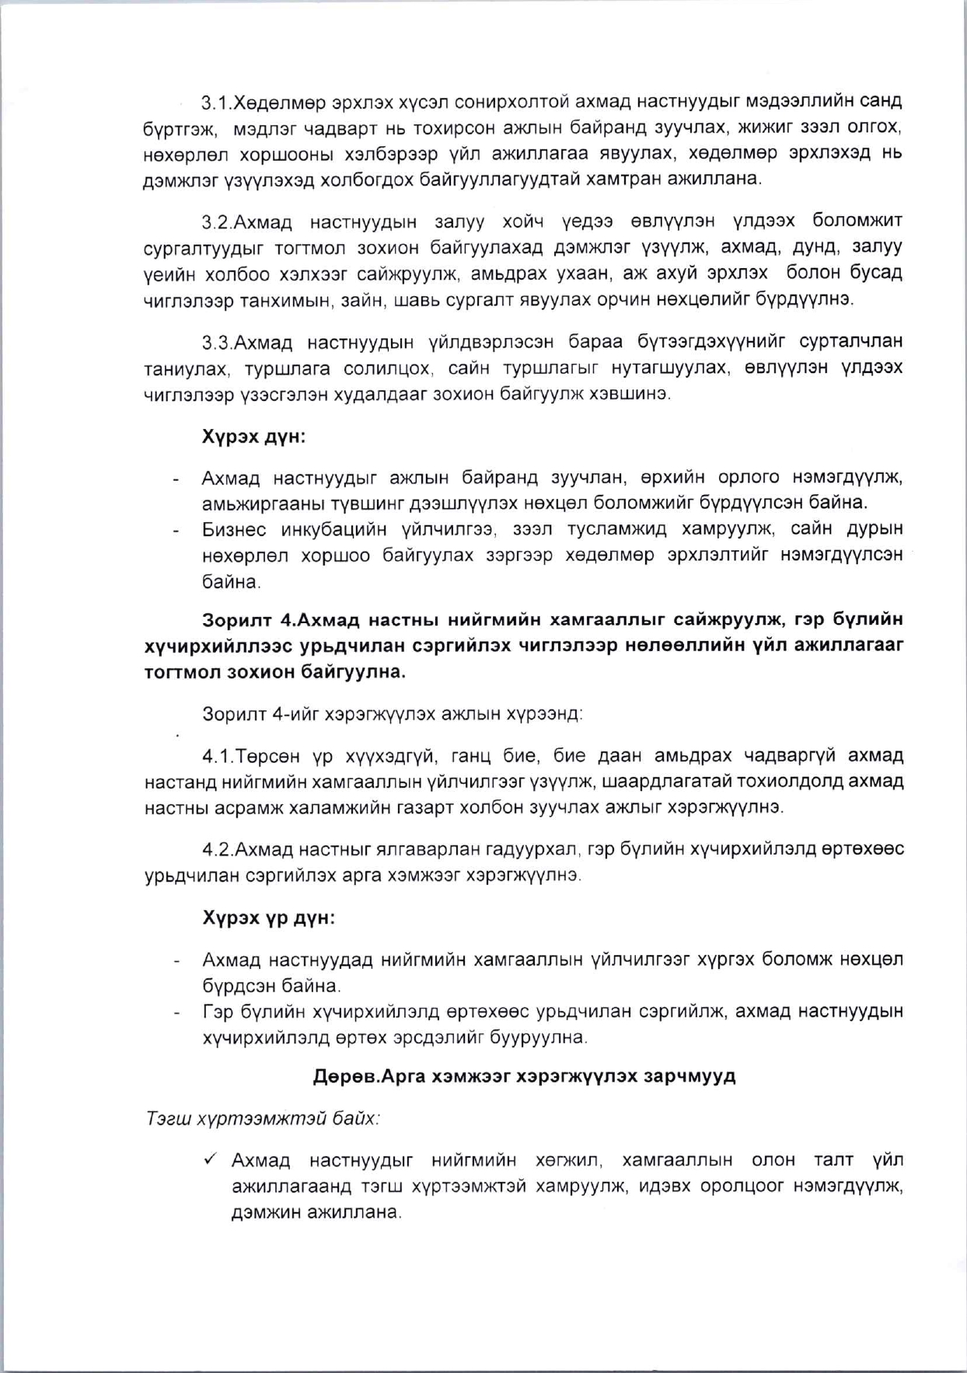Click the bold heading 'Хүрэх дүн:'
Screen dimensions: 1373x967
253,437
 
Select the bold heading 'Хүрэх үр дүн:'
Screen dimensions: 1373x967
269,918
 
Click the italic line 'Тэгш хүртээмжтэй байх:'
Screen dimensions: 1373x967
264,1119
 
